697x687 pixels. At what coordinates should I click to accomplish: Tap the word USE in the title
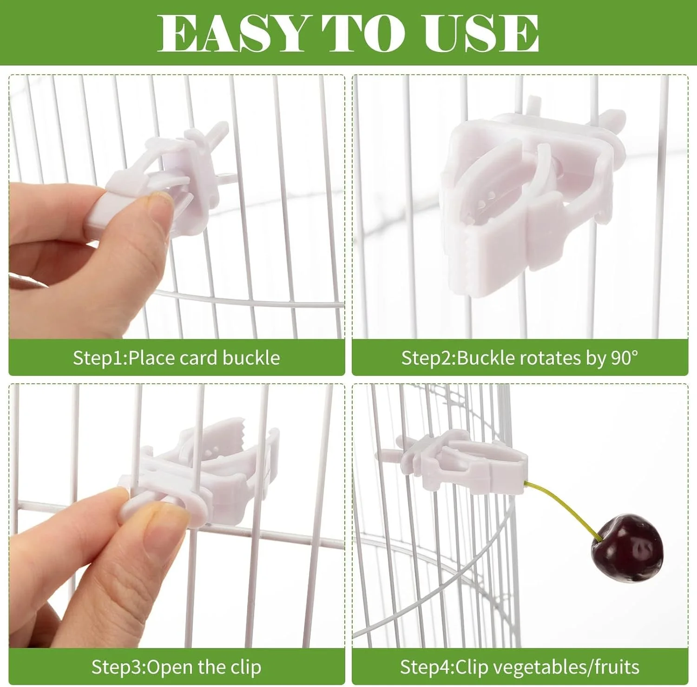point(481,33)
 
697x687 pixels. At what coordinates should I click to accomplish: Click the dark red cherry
point(627,548)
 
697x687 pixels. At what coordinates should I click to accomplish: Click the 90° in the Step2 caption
point(624,358)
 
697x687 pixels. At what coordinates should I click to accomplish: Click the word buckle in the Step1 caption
point(251,358)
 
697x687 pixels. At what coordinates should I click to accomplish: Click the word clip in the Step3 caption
point(246,667)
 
